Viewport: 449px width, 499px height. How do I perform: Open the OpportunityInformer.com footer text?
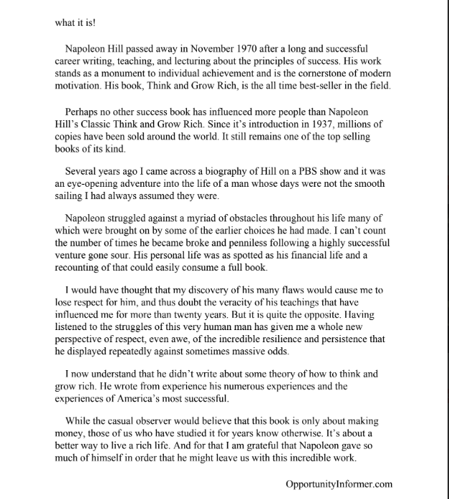[x=339, y=484]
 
